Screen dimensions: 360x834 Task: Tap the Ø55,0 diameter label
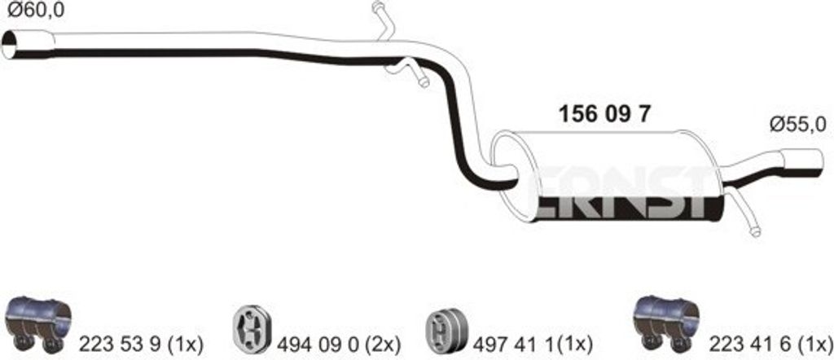point(797,125)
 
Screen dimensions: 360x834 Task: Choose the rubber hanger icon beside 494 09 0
point(251,330)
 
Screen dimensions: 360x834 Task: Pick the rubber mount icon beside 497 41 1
point(444,329)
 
